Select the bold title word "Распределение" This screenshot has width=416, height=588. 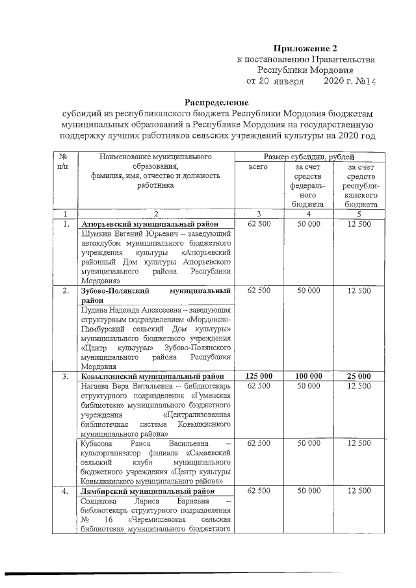pyautogui.click(x=217, y=103)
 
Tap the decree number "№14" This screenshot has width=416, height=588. pyautogui.click(x=364, y=81)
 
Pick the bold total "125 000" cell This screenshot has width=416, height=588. pyautogui.click(x=258, y=376)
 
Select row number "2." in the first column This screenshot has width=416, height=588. pyautogui.click(x=64, y=290)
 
